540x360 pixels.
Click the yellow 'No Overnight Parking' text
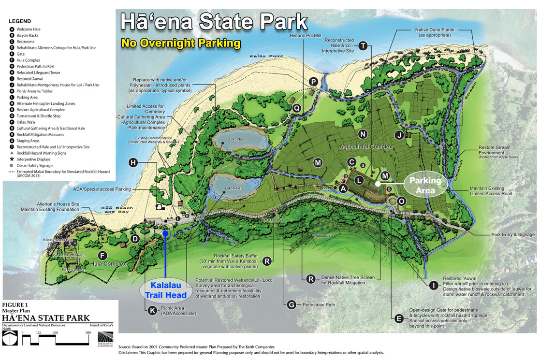181,43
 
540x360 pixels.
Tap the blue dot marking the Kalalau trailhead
165,233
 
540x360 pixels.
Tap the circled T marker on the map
363,46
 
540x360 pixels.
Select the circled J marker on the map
399,135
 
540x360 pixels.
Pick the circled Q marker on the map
297,108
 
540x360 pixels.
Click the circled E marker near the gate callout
399,318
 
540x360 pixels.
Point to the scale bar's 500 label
88,332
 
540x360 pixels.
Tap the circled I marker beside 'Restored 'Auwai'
434,285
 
